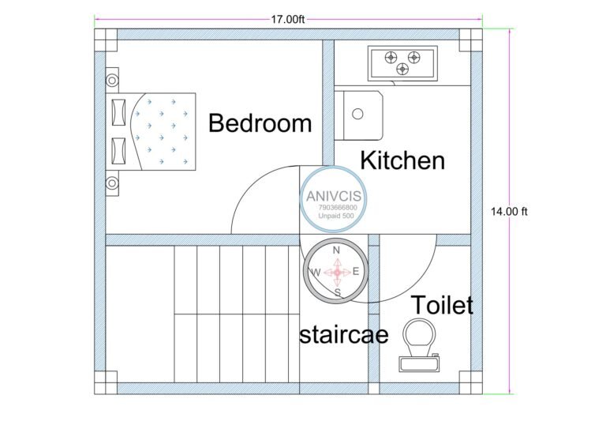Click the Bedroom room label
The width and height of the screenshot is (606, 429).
coord(260,123)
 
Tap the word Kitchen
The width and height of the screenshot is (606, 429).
coord(402,160)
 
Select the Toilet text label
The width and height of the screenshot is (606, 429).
coord(442,305)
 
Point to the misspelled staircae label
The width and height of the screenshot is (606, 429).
coord(344,335)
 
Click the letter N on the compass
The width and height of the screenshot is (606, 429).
coord(337,250)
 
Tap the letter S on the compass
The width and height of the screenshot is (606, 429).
coord(338,292)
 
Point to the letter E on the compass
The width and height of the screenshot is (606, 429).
coord(356,272)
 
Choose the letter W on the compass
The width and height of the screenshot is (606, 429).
coord(316,273)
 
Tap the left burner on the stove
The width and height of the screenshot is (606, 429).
coord(389,57)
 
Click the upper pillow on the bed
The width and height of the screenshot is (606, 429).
coord(119,110)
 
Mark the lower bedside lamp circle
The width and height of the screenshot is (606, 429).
coord(112,183)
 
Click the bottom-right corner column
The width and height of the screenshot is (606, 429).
coord(472,382)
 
